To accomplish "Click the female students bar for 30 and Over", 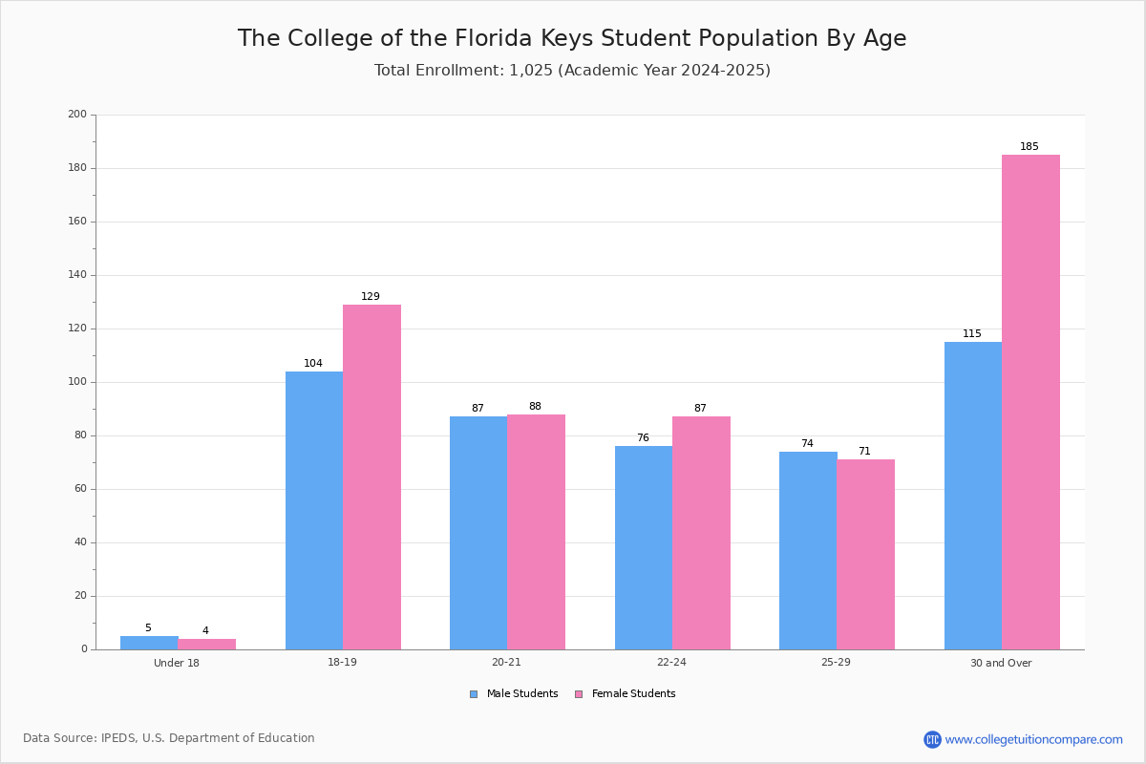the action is click(1030, 402).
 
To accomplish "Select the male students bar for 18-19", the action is click(314, 511).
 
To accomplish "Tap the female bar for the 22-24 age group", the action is click(701, 533).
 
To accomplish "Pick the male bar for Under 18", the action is click(149, 643).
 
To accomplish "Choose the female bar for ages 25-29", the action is click(865, 555).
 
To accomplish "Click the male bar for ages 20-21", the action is click(478, 533).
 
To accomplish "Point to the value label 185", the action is click(1029, 147).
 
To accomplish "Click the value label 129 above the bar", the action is click(371, 296).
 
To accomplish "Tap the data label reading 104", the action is click(313, 363).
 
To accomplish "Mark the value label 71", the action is click(864, 451).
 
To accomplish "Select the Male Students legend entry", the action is click(514, 694).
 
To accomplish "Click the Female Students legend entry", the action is click(626, 694).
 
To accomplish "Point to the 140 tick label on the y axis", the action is click(77, 275).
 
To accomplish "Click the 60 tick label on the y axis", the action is click(80, 489).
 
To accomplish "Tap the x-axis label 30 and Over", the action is click(1001, 663).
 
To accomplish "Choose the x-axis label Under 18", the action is click(177, 663).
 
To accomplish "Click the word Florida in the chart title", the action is click(493, 38).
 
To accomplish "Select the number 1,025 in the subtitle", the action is click(531, 71).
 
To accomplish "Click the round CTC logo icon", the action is click(932, 739).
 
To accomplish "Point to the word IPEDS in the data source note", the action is click(118, 738).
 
